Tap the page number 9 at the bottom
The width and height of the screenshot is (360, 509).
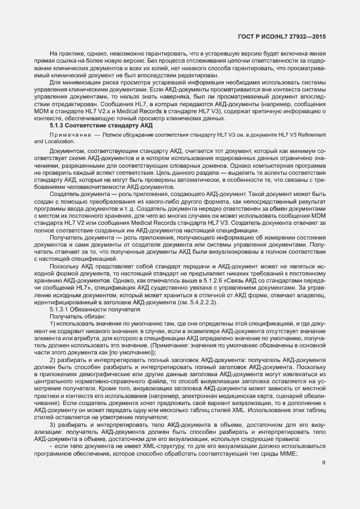coord(324,433)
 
